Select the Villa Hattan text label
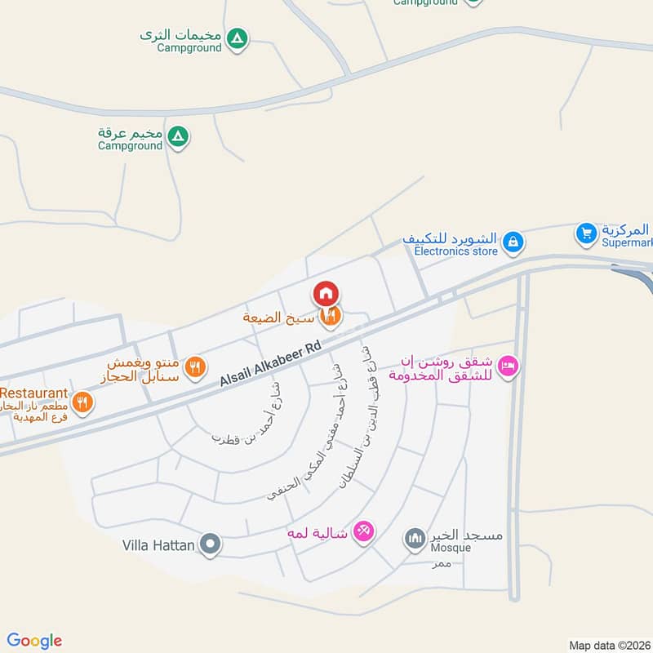point(158,544)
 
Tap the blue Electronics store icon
point(513,241)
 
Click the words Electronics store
point(455,251)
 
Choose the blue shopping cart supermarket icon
point(586,233)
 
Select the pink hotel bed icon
point(508,367)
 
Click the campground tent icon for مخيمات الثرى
point(237,38)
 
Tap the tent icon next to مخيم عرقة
point(178,135)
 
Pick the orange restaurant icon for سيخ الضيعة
point(331,315)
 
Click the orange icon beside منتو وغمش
point(194,367)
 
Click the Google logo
point(34,641)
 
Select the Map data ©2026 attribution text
point(609,645)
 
